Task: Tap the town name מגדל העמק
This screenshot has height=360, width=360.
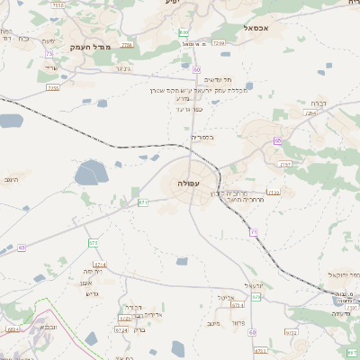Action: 89,46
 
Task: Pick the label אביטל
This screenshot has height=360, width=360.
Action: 225,297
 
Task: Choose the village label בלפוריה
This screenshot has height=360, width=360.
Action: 185,138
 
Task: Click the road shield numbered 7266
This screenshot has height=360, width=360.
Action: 126,44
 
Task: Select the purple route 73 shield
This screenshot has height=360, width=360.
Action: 47,53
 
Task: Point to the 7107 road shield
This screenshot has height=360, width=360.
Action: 285,164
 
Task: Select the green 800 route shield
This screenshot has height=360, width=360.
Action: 184,32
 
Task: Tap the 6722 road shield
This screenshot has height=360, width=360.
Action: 291,332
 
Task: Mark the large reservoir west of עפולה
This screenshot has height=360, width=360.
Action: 92,172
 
